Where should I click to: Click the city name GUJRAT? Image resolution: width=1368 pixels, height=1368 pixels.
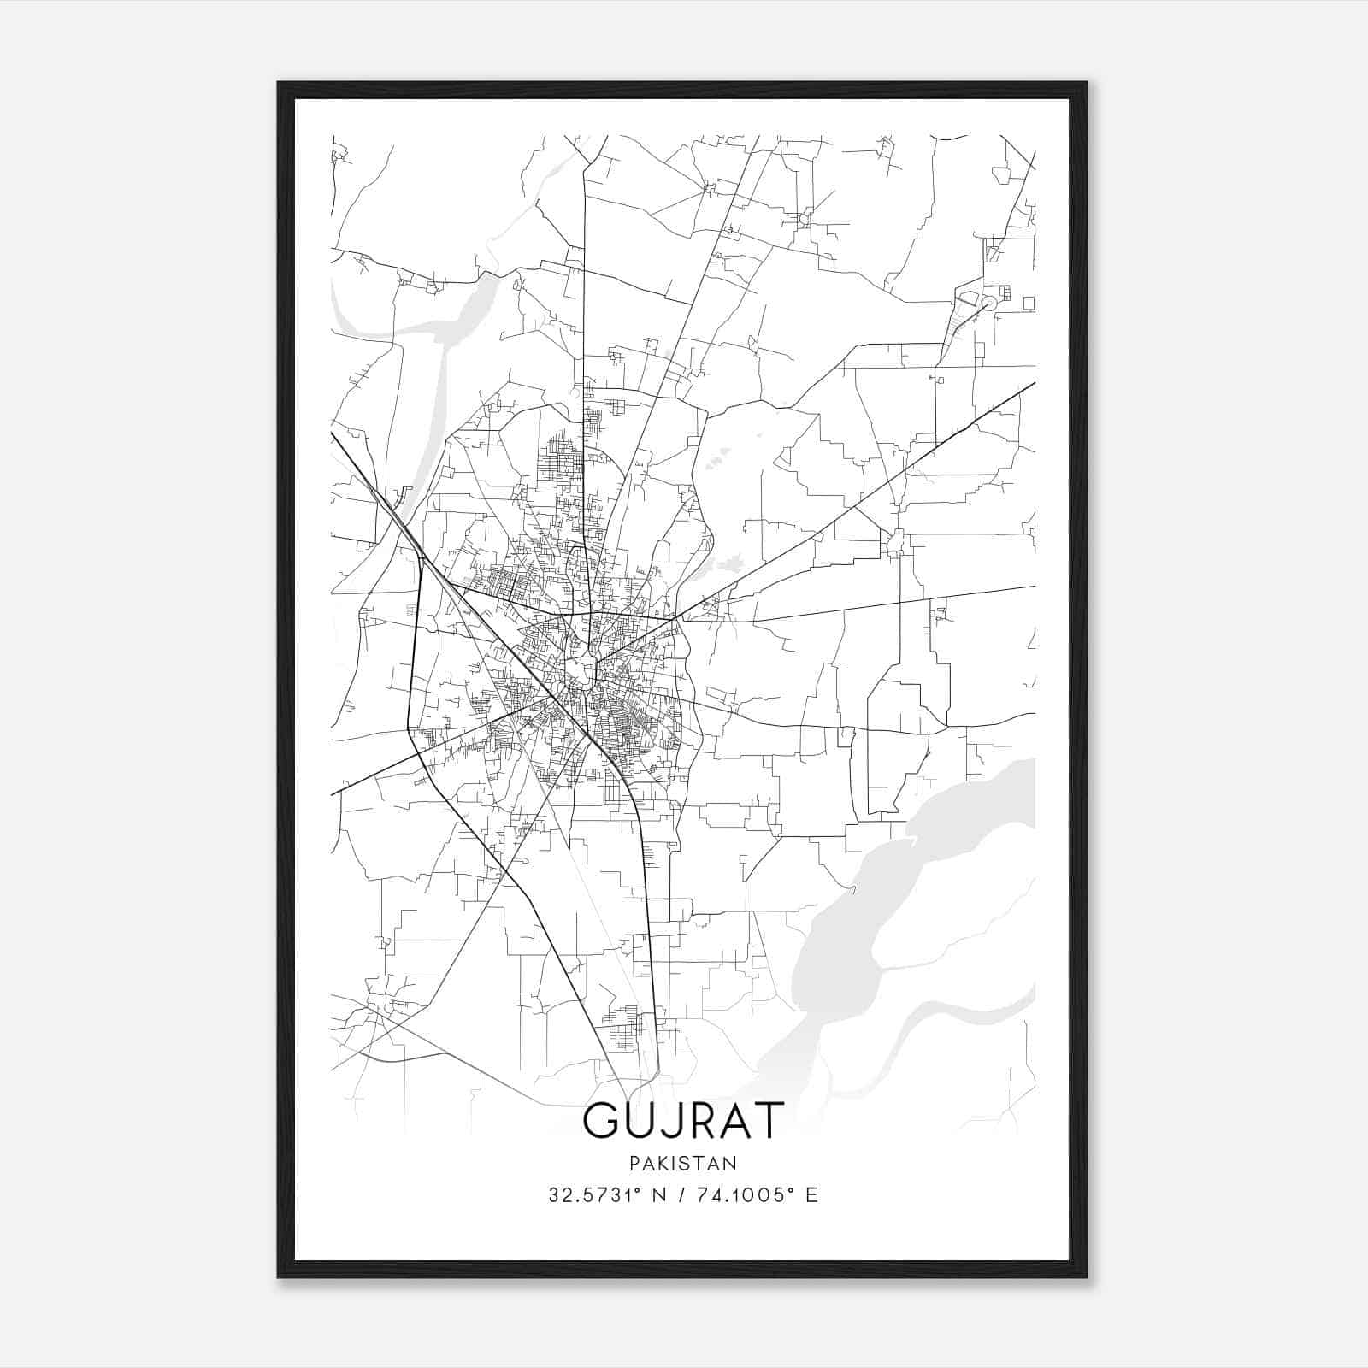click(682, 1120)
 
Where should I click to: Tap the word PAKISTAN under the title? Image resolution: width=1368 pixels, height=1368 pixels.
click(682, 1164)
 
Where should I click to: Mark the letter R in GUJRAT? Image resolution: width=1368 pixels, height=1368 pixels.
click(701, 1120)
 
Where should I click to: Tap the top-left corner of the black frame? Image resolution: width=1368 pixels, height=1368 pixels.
click(279, 84)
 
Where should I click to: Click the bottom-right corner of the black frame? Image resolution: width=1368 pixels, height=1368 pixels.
click(1085, 1277)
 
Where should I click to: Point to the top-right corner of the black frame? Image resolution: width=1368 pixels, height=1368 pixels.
click(1085, 84)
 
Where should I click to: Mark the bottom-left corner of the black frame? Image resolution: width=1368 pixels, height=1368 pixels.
click(279, 1277)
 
